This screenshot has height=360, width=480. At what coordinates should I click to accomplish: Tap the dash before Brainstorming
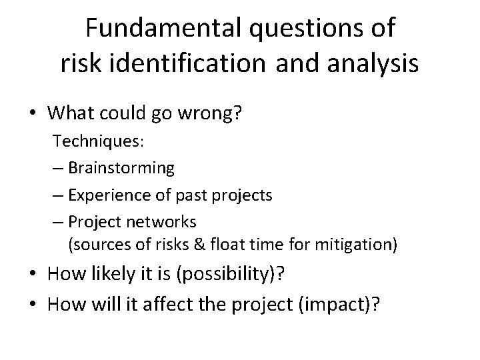(x=58, y=168)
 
